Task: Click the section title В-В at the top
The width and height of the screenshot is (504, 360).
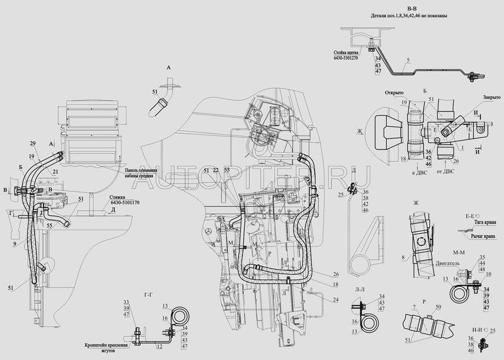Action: [x=411, y=8]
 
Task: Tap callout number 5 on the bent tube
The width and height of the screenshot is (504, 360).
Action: [x=408, y=60]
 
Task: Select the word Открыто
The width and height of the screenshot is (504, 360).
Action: [x=394, y=92]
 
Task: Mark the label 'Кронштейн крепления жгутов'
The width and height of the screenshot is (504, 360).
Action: [x=108, y=348]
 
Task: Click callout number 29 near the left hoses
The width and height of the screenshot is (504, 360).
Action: [x=32, y=144]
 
